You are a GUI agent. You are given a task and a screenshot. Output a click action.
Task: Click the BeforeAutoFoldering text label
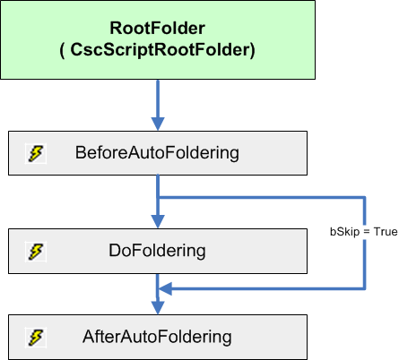point(157,153)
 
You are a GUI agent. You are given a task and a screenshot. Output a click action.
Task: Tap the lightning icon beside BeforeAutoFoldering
point(35,154)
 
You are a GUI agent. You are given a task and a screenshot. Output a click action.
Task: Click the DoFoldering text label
point(158,250)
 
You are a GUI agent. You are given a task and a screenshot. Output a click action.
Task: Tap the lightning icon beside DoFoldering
point(35,251)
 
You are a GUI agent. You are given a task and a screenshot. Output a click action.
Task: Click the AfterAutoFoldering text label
point(157,337)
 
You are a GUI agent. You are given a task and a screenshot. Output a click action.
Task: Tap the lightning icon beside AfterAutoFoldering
point(35,338)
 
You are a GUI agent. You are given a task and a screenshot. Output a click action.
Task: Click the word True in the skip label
point(385,232)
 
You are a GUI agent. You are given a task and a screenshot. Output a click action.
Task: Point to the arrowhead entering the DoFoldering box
point(158,221)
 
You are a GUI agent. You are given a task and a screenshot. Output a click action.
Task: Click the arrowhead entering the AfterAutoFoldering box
point(158,307)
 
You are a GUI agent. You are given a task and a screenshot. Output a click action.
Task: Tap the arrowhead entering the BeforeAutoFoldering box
point(158,124)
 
